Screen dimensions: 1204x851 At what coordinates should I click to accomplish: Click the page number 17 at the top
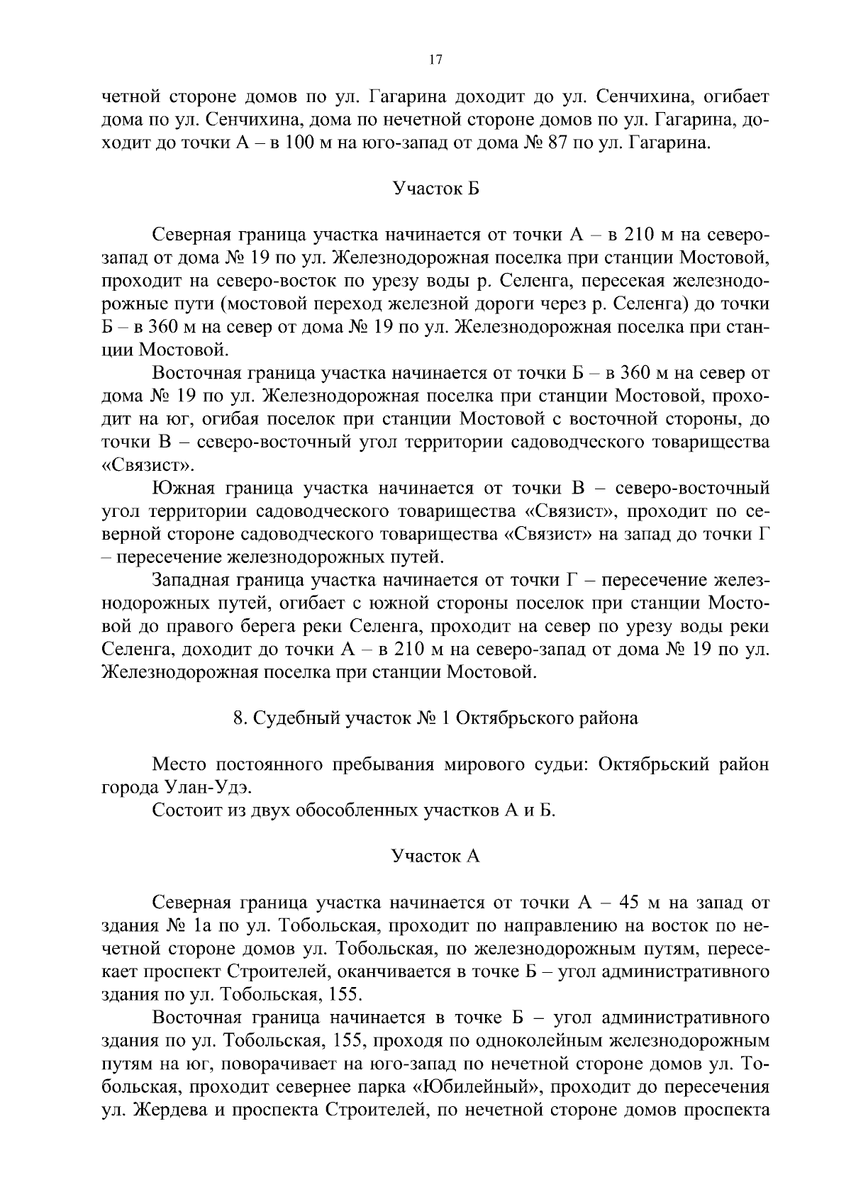(x=435, y=61)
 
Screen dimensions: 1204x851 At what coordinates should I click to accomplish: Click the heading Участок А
(x=435, y=857)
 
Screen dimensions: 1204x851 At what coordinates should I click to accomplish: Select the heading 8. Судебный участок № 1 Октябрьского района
(x=435, y=718)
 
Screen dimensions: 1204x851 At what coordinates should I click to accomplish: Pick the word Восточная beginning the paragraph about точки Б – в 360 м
(x=194, y=374)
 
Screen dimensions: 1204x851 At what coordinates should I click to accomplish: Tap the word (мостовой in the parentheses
(x=266, y=305)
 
